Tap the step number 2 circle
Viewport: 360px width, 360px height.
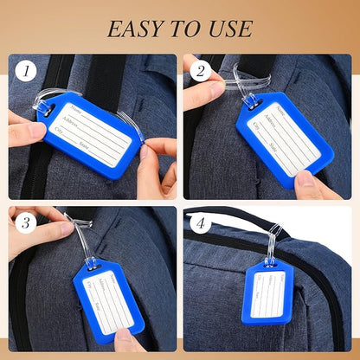[x=201, y=72]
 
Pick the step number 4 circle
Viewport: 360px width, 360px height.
[x=201, y=223]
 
